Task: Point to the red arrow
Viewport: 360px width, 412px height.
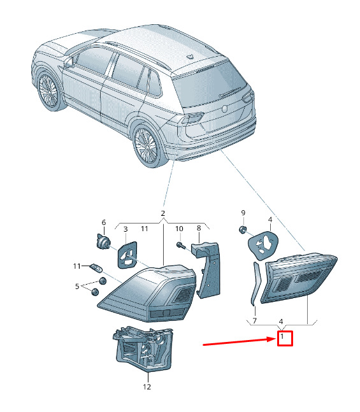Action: [239, 341]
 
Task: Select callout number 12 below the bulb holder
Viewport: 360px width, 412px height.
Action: [147, 387]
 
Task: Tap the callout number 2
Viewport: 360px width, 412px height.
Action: [162, 213]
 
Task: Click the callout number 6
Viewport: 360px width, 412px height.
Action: [104, 222]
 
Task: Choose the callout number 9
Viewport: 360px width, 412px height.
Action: [243, 213]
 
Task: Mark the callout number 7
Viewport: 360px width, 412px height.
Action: [254, 320]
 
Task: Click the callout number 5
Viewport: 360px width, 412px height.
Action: [77, 286]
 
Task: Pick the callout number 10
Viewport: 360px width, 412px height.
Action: [179, 229]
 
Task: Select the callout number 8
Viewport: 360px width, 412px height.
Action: [199, 228]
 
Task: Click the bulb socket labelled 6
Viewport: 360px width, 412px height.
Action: [103, 241]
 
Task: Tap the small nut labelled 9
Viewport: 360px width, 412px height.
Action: [242, 230]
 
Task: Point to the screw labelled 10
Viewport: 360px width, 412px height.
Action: [181, 246]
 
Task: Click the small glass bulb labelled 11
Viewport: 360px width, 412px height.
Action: [96, 269]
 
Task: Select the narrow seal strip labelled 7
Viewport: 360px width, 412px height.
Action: [256, 283]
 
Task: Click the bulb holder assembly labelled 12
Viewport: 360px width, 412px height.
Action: [143, 348]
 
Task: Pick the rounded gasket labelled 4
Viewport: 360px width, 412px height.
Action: [263, 245]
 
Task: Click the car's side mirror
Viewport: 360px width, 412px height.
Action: [69, 63]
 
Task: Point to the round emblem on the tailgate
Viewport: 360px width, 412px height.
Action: [224, 109]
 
